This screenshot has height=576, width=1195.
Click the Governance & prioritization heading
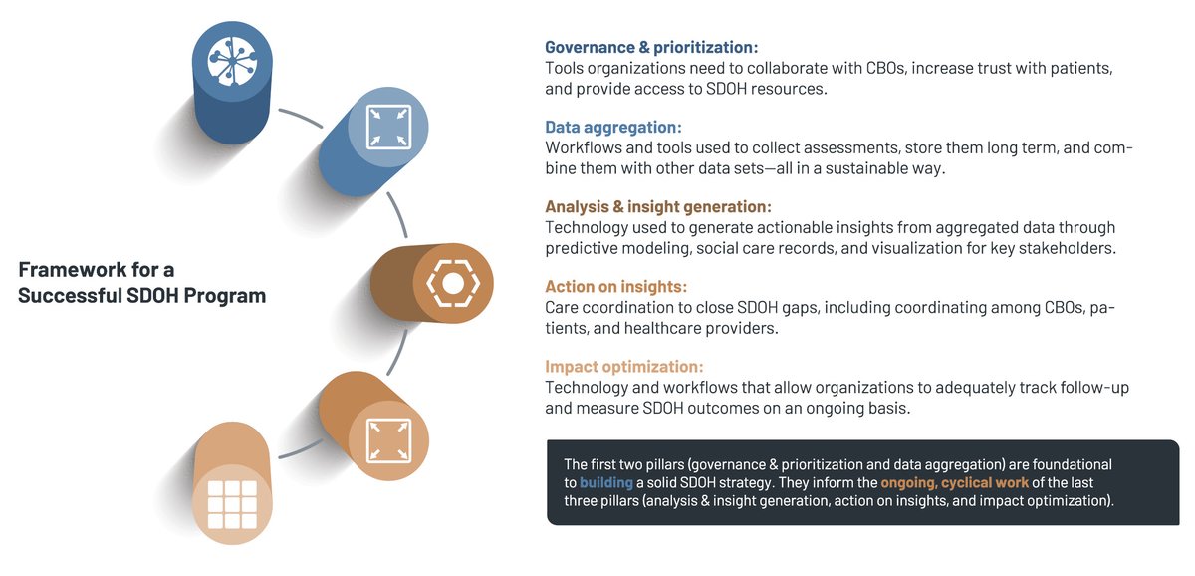651,47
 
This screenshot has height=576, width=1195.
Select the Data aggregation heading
612,127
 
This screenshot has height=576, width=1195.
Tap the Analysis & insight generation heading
657,206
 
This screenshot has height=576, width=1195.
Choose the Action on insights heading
615,286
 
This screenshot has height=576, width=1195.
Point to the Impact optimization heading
624,366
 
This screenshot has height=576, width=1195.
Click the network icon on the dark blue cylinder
232,60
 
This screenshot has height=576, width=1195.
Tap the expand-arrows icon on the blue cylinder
387,127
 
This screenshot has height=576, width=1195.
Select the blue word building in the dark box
606,482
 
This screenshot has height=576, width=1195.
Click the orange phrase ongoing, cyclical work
954,482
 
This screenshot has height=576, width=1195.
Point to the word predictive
588,248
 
